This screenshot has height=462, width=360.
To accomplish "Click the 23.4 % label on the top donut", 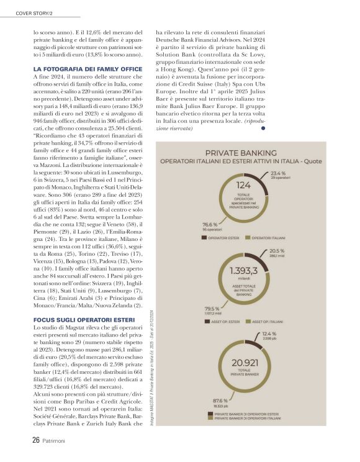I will (x=278, y=173).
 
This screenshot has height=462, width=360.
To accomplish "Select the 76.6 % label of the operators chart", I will (x=210, y=224).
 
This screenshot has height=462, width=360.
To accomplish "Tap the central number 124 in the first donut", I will (x=243, y=185).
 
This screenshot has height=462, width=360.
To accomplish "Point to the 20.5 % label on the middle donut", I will (x=277, y=250).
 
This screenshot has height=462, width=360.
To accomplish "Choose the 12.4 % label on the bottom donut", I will (x=269, y=334).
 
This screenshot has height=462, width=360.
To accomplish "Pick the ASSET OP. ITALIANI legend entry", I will (x=268, y=322).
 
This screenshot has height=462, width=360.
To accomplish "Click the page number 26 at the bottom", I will (x=37, y=440).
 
